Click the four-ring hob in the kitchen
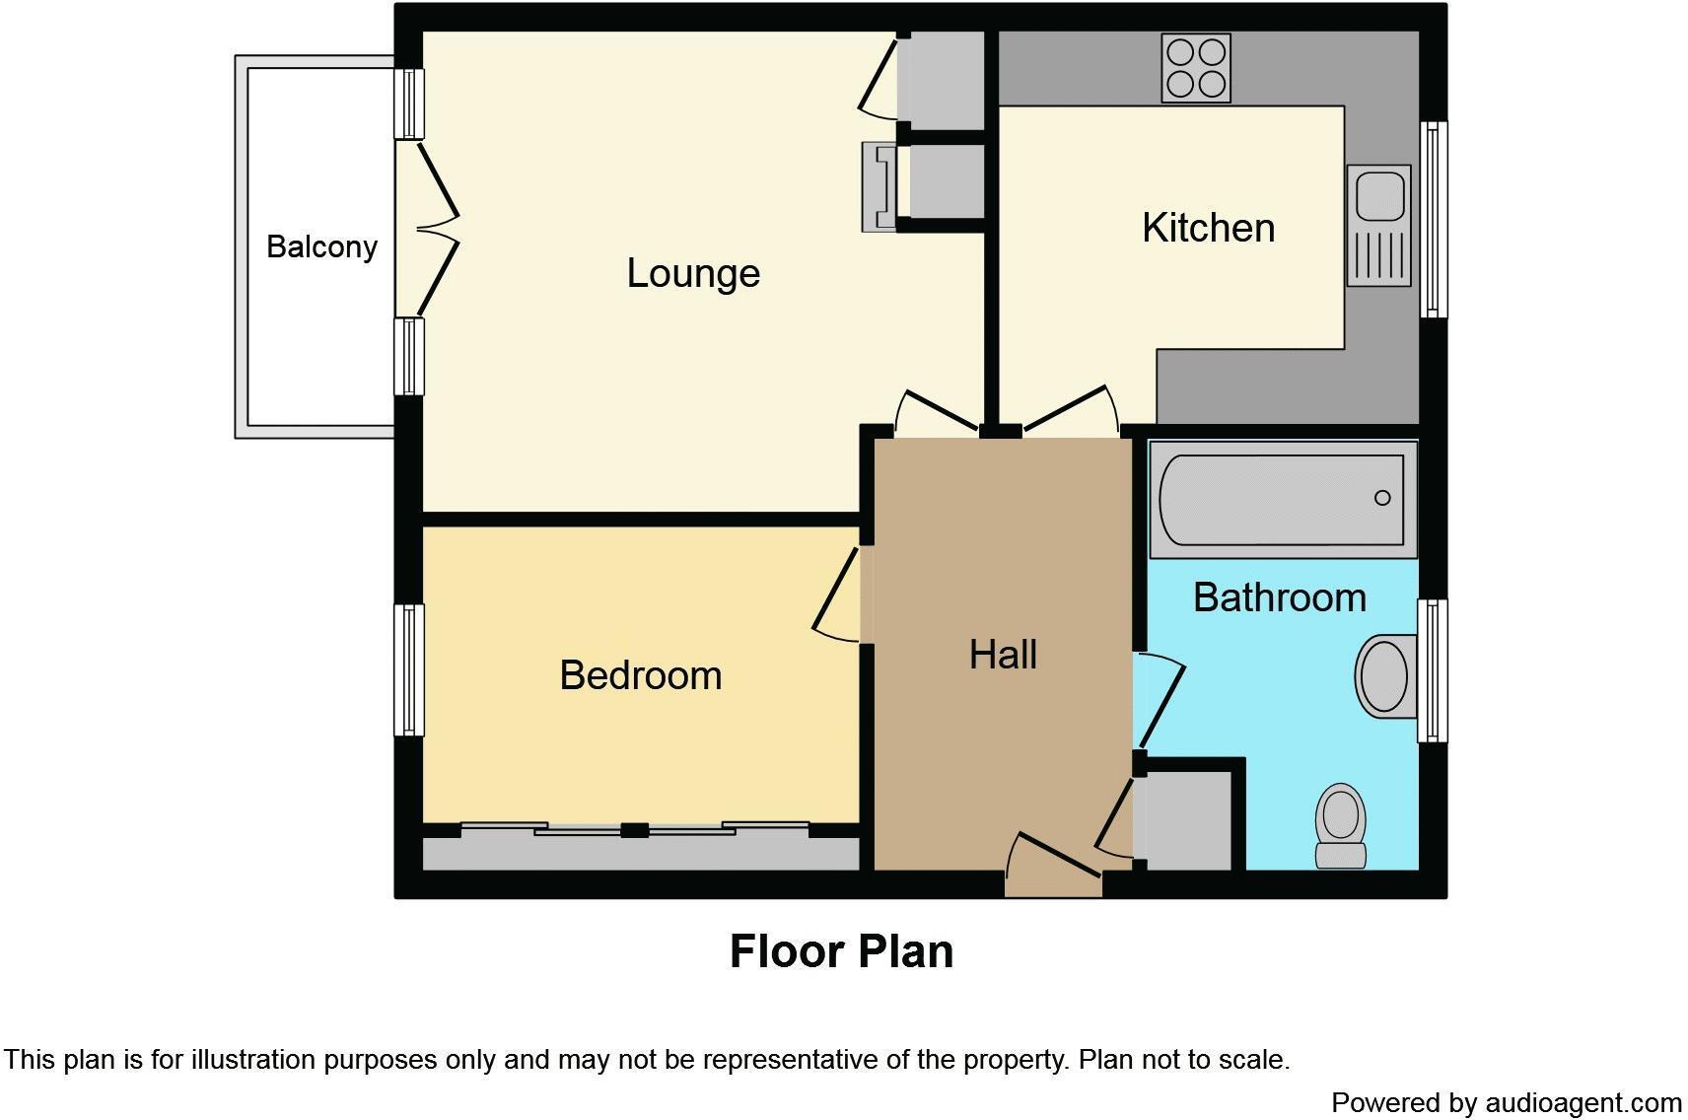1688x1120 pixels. tap(1196, 68)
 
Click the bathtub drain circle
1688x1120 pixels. tap(1382, 498)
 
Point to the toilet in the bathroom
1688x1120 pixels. tap(1341, 826)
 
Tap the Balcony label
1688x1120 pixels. tap(321, 246)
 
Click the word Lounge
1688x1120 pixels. tap(693, 273)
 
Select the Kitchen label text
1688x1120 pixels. tap(1208, 228)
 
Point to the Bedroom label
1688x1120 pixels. tap(640, 675)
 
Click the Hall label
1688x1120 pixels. tap(1002, 655)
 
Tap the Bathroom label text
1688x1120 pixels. tap(1279, 597)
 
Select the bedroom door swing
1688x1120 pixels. tap(836, 596)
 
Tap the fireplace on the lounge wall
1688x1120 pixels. tap(879, 186)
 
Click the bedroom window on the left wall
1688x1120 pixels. tap(409, 670)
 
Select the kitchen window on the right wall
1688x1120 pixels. tap(1434, 219)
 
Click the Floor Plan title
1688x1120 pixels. tap(841, 951)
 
